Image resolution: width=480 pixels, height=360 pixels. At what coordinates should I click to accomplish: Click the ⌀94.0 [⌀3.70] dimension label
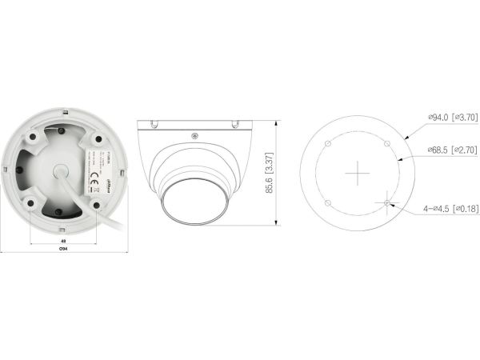pos(452,117)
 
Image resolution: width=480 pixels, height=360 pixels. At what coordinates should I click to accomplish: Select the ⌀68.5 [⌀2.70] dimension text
pos(452,150)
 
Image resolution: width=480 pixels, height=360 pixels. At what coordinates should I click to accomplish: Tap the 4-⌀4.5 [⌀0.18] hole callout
pos(450,208)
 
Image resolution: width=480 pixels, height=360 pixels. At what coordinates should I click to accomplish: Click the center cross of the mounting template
pos(357,172)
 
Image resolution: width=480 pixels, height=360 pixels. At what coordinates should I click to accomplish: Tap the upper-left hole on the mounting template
pos(327,144)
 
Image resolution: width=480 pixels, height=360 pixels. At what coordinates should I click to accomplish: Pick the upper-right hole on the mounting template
pos(386,144)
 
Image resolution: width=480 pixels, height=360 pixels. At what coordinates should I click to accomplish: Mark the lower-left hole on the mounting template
pos(327,202)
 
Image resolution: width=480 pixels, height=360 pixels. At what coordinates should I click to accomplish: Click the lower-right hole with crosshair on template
pos(386,202)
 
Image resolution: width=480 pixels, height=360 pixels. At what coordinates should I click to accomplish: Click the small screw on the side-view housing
pos(195,134)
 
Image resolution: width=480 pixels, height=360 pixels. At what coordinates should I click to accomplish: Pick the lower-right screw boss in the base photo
pos(95,206)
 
